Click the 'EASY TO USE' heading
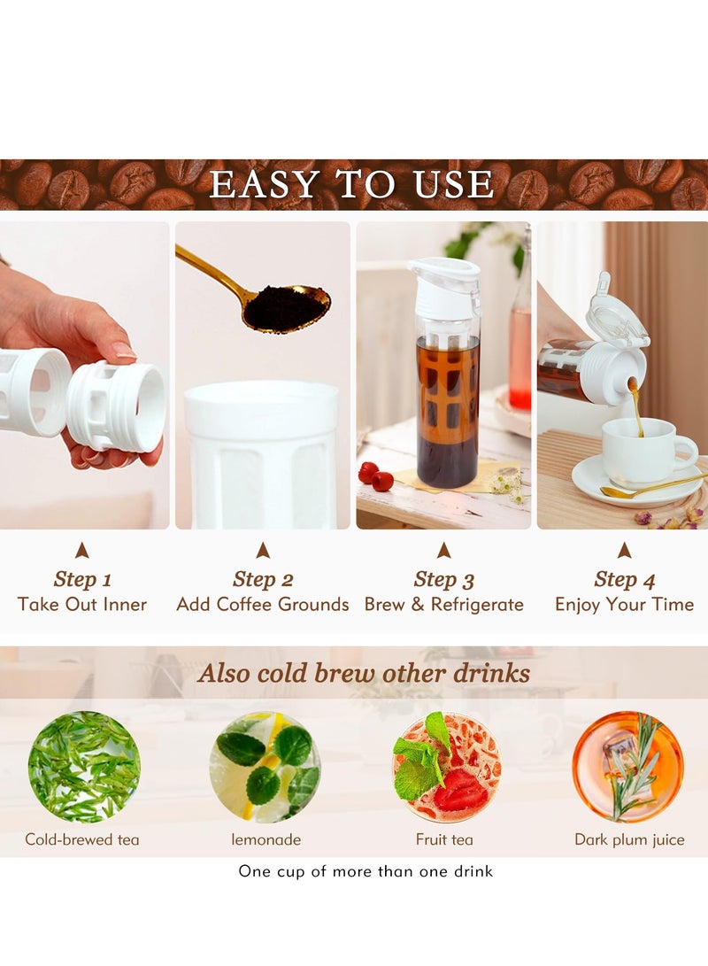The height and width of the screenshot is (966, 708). [351, 184]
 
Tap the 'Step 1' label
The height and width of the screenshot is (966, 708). [82, 580]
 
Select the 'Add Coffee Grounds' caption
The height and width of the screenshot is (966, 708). [263, 605]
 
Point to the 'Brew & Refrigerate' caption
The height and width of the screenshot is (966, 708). [443, 605]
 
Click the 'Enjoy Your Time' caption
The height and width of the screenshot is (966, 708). [624, 605]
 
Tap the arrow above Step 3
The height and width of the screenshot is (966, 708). [443, 551]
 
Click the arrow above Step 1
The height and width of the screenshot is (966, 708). [82, 551]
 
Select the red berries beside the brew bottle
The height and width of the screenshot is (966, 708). [376, 476]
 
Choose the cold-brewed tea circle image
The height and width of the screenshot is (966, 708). [83, 767]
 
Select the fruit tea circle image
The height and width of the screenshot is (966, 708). [446, 767]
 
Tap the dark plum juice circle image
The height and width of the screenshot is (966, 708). [627, 767]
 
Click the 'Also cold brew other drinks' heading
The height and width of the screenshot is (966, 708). [364, 673]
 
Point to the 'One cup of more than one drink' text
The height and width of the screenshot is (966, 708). [366, 871]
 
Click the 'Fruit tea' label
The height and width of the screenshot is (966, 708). [444, 839]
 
